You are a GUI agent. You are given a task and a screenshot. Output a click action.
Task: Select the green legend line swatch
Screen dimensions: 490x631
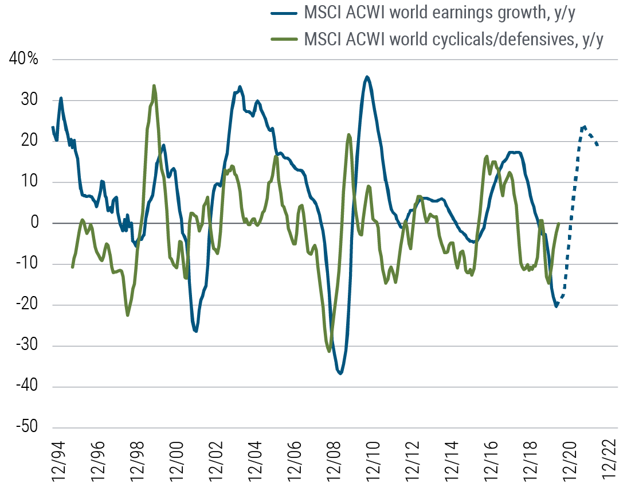pos(285,40)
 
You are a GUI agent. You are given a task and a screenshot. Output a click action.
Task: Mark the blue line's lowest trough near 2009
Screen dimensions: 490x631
pos(340,374)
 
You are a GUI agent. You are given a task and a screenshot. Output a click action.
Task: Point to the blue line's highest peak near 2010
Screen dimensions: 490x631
pos(367,76)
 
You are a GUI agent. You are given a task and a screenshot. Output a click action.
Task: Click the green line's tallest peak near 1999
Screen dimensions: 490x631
pos(154,85)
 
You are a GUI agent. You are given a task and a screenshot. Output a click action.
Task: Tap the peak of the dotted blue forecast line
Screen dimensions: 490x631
pos(583,127)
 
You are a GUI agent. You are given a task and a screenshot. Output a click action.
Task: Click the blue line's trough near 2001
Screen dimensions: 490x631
pos(195,331)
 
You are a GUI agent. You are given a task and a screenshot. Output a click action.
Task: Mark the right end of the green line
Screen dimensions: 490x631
pos(558,223)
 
